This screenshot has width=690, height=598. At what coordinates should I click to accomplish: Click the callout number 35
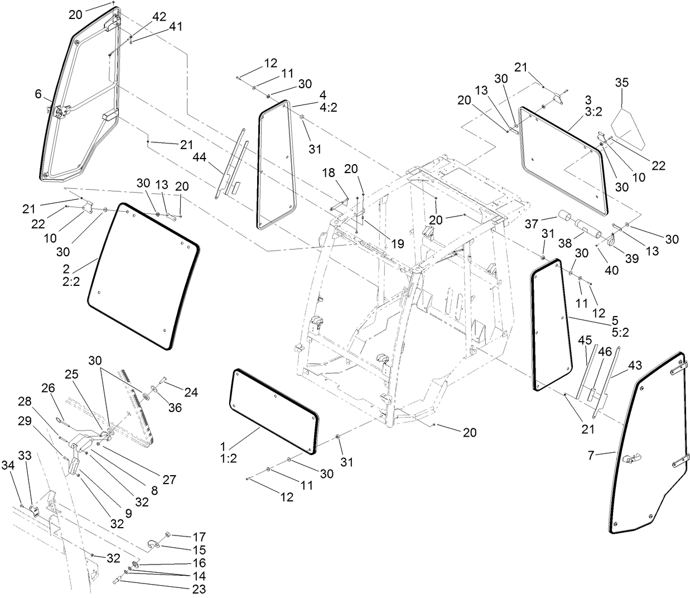[x=621, y=83]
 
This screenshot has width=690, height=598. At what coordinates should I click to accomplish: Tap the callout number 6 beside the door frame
[x=38, y=94]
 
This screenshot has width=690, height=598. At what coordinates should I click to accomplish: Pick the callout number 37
[x=532, y=223]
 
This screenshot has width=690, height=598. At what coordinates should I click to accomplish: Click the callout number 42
[x=159, y=16]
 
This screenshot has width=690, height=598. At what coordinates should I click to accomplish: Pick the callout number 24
[x=191, y=393]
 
